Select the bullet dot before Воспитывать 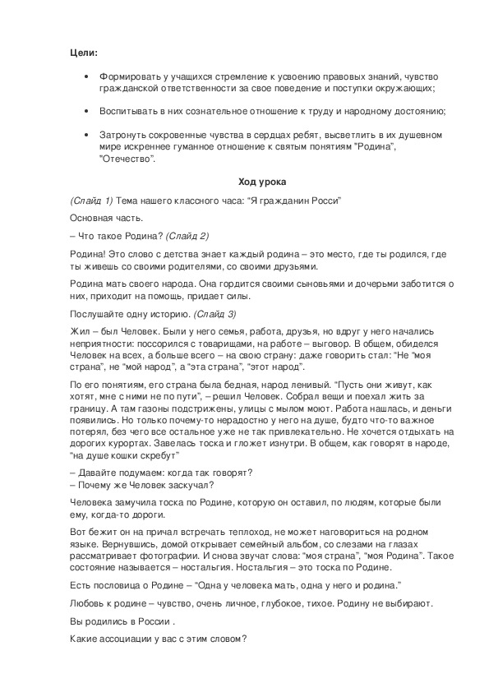pos(87,111)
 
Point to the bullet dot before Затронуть pos(87,134)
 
